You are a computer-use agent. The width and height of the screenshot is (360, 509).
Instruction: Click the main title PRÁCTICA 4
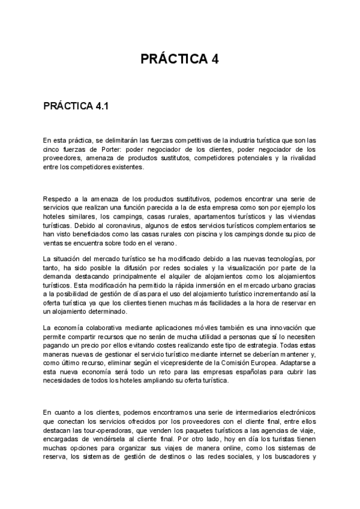pyautogui.click(x=179, y=59)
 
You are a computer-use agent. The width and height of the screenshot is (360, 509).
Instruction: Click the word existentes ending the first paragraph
pyautogui.click(x=125, y=167)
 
